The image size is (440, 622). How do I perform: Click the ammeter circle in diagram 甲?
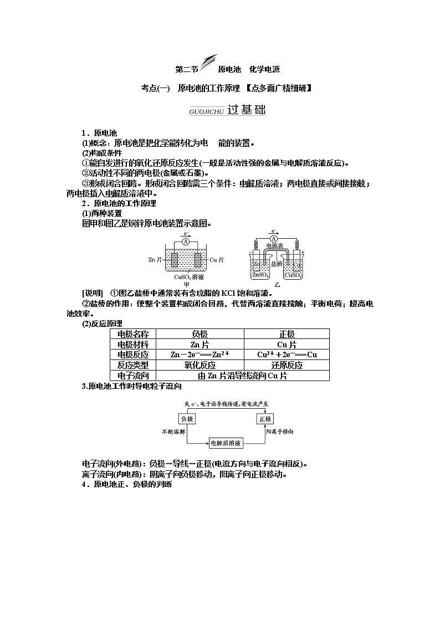[187, 243]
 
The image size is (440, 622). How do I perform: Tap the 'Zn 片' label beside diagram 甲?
[156, 259]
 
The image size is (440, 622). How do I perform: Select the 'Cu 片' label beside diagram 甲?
[217, 259]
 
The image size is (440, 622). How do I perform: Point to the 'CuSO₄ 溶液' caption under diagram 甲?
[187, 277]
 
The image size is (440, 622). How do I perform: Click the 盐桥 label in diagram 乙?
[277, 264]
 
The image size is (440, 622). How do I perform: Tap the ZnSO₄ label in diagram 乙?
[260, 275]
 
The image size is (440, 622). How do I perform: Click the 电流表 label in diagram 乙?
[275, 245]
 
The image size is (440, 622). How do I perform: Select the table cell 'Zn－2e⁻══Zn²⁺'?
[200, 354]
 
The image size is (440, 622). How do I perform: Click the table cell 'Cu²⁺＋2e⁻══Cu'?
[286, 354]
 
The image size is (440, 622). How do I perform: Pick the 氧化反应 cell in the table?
[200, 365]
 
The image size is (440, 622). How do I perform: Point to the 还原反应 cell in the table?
[286, 365]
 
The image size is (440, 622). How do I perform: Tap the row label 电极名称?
[133, 334]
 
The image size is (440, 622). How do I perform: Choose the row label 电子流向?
[133, 376]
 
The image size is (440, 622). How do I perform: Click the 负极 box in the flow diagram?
[187, 419]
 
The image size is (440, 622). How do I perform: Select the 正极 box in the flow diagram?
[264, 419]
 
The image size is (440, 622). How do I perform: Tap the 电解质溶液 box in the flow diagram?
[226, 443]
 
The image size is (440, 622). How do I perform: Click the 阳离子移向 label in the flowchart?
[280, 431]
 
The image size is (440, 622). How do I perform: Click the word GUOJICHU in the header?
[206, 111]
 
